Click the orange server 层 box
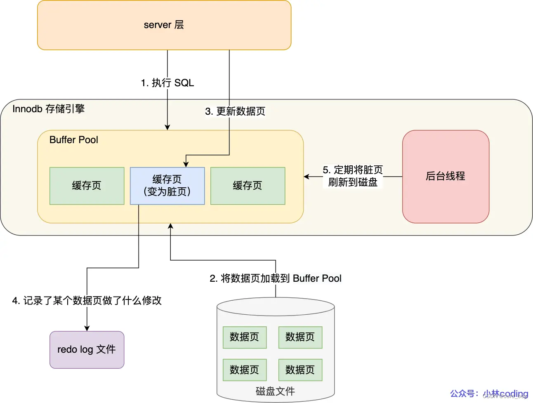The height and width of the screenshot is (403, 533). coord(164,25)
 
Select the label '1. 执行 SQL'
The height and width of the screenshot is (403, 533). coord(167,83)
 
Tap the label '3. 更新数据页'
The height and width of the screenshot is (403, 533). coord(235,111)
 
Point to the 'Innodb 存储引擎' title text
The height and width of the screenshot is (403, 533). coord(48,109)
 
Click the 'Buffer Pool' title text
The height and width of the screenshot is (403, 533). coord(73,140)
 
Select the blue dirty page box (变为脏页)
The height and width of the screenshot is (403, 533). coord(167,186)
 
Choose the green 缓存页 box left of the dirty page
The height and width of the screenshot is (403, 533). coord(87,186)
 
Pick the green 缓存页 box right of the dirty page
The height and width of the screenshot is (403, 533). coord(248,186)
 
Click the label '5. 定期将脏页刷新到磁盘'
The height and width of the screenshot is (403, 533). coord(353,176)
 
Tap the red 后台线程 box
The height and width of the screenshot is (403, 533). coord(446,177)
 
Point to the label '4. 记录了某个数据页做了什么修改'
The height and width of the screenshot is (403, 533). coord(87,301)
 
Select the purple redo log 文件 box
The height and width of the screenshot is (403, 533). coord(87,349)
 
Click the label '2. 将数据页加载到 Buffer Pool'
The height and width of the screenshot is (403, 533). coord(276,278)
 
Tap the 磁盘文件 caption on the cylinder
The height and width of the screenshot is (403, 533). coord(275,391)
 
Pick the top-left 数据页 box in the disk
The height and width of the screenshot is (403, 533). coord(244,337)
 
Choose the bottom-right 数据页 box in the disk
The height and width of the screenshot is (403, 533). coord(300,370)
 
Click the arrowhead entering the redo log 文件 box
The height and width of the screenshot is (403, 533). coord(87,328)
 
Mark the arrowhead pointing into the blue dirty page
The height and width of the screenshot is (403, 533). coord(186,164)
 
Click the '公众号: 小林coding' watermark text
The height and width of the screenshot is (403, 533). coord(489,394)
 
